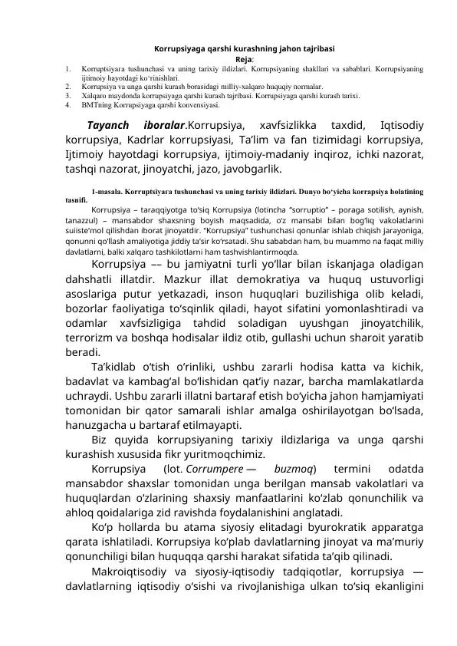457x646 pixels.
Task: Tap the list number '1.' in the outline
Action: tap(69, 68)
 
